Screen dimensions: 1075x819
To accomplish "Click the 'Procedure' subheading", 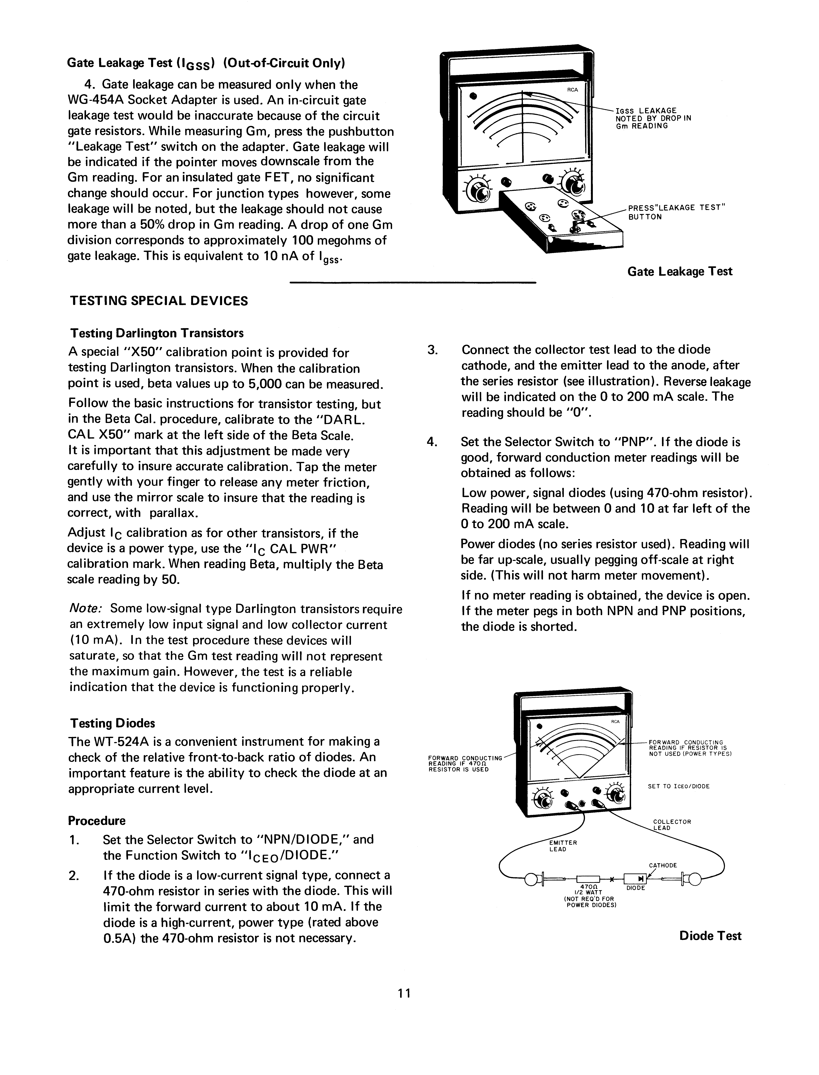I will click(x=96, y=821).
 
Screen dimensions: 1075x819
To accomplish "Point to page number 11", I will click(x=404, y=993).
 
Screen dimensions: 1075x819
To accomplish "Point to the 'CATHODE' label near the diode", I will click(x=662, y=865).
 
